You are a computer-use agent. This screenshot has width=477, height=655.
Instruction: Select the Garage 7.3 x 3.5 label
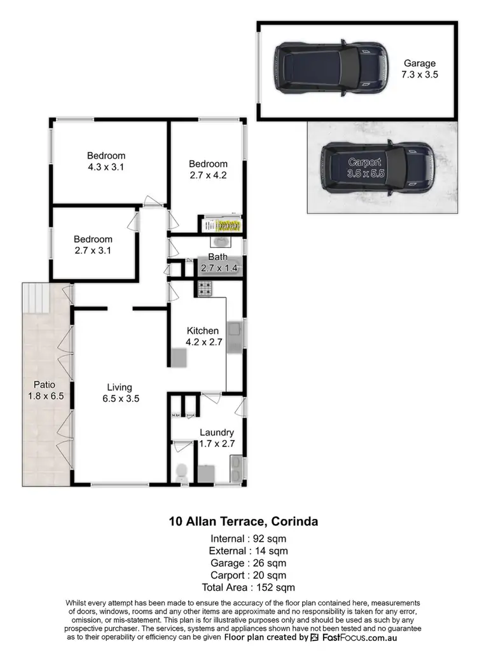420,69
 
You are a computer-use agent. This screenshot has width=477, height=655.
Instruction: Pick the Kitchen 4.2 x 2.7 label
203,336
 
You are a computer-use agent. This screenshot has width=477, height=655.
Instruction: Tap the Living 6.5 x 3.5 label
119,393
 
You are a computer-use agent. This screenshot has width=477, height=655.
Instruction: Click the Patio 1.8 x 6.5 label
45,390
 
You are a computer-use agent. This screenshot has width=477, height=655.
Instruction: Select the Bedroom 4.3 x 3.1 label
106,161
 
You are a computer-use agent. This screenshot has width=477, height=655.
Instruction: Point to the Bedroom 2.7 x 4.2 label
208,169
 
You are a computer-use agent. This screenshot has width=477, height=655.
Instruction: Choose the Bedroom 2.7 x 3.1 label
93,245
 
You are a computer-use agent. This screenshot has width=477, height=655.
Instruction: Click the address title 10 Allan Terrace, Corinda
244,522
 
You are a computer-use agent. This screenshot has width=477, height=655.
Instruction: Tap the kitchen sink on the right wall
234,330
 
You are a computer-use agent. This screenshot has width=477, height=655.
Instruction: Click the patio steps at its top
36,298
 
